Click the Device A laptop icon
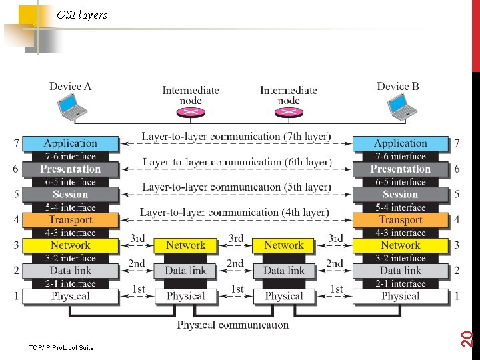71,107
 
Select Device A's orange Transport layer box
71,220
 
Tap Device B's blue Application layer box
400,143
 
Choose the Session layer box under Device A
71,195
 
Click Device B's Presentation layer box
400,169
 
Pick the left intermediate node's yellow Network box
185,245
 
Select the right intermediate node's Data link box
283,271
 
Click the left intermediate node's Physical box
185,296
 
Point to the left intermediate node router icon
191,111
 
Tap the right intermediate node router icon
288,111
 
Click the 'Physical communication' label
233,325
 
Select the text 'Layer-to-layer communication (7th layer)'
236,137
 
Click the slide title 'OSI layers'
82,15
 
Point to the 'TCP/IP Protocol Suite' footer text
62,347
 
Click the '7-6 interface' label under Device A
71,157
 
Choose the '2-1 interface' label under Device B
400,283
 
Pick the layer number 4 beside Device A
16,219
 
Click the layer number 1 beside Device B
457,295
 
